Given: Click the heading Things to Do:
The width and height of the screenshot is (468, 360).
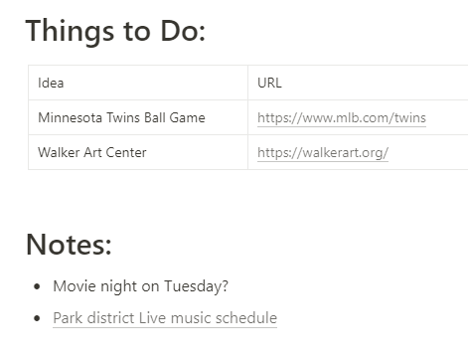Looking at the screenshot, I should tap(115, 31).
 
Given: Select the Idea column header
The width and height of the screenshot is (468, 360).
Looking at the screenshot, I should tap(51, 84).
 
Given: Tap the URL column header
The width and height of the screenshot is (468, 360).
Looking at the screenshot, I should tap(269, 84).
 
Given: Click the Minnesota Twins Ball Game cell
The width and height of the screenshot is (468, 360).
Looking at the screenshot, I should tap(121, 118).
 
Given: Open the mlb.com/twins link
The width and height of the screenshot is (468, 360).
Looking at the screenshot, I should tap(341, 118).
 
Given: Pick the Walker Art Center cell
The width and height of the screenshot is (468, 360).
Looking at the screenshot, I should tap(92, 153).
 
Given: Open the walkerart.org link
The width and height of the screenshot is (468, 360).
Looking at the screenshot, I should tap(322, 153).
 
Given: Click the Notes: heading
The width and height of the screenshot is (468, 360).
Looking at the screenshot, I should tap(69, 245).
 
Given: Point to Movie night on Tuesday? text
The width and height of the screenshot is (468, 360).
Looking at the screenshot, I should tap(140, 286).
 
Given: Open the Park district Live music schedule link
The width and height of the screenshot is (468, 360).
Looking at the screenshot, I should tap(165, 318).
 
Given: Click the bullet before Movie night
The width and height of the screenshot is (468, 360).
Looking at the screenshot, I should tap(38, 287).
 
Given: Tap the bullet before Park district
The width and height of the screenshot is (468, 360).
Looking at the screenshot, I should tap(38, 319).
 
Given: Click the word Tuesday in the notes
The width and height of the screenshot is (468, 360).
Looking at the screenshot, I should tap(192, 286).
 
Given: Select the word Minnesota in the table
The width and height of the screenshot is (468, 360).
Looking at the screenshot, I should tap(71, 118).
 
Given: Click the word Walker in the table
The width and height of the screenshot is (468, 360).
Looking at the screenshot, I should tap(59, 153).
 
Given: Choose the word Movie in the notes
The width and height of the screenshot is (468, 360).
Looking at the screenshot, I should tap(73, 286).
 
